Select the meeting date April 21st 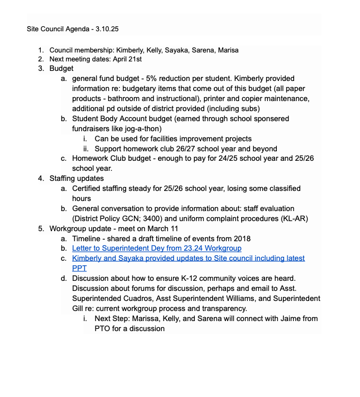[128, 59]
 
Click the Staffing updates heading [76, 179]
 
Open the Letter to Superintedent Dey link [156, 248]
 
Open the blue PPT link [79, 269]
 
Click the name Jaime [276, 319]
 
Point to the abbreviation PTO [103, 329]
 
